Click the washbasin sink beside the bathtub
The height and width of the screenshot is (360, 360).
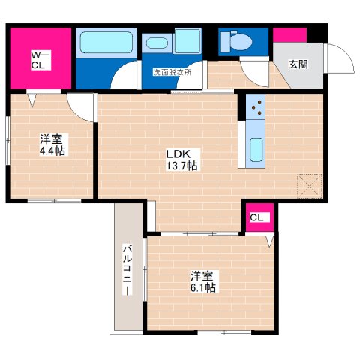[157, 43]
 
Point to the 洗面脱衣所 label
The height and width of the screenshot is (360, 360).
[172, 73]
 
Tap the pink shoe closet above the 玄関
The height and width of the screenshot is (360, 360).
[289, 34]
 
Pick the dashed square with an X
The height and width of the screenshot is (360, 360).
[308, 184]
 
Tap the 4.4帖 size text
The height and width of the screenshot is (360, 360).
[51, 150]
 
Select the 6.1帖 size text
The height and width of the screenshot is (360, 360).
[202, 287]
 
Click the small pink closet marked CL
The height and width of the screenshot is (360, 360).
[256, 218]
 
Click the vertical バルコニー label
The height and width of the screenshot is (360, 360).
[127, 270]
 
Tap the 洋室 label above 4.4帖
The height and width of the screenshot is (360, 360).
[51, 138]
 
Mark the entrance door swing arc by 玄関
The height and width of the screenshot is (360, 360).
[337, 58]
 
